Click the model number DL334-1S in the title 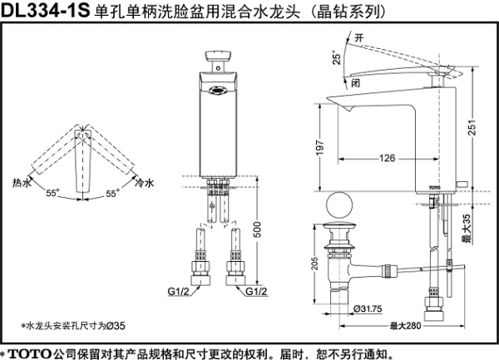coord(46,11)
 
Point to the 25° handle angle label coord(336,58)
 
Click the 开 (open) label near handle coord(358,37)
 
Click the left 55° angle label coord(53,193)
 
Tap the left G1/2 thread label coord(179,291)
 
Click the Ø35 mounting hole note coord(72,325)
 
